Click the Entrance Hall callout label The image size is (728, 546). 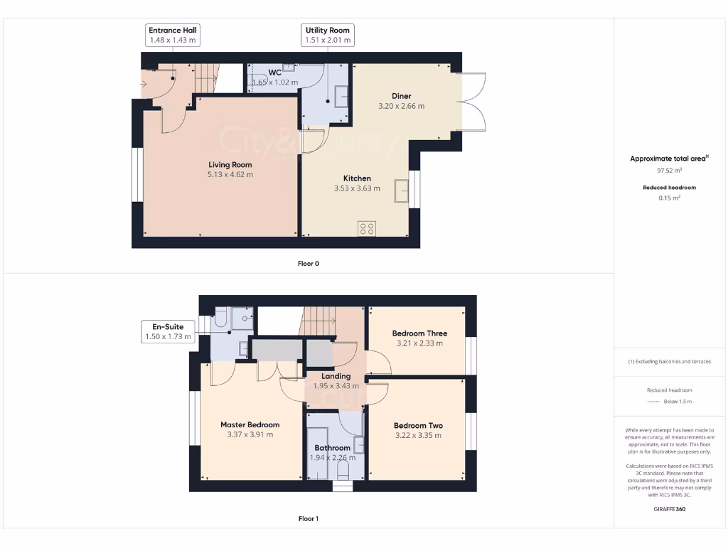pyautogui.click(x=172, y=36)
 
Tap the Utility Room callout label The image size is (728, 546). pyautogui.click(x=328, y=36)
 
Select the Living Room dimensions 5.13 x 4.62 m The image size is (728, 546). pyautogui.click(x=230, y=174)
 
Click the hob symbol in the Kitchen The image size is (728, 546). pyautogui.click(x=367, y=228)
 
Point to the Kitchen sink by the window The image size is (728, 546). pyautogui.click(x=402, y=191)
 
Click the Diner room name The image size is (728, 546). pyautogui.click(x=401, y=96)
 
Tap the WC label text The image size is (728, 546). pyautogui.click(x=275, y=73)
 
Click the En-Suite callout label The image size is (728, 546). pyautogui.click(x=167, y=331)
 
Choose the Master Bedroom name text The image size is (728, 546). pyautogui.click(x=250, y=425)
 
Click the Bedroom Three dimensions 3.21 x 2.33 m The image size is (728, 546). pyautogui.click(x=419, y=343)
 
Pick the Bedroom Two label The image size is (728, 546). pyautogui.click(x=418, y=426)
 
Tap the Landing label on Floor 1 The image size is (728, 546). pyautogui.click(x=336, y=376)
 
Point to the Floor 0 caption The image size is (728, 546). pyautogui.click(x=308, y=263)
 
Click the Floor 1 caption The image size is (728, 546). pyautogui.click(x=308, y=518)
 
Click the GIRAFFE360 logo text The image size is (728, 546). pyautogui.click(x=668, y=509)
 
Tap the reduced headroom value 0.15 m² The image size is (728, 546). pyautogui.click(x=668, y=198)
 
